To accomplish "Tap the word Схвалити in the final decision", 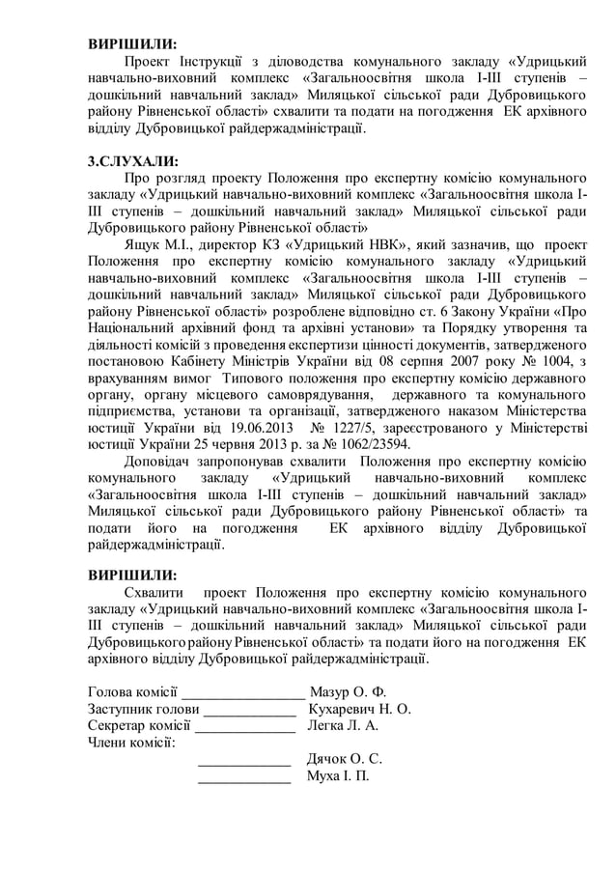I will [x=158, y=592].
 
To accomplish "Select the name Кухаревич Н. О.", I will [x=358, y=708].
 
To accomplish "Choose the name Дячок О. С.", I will [x=344, y=758].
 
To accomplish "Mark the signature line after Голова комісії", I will [x=242, y=694].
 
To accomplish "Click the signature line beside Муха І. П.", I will [x=243, y=778].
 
